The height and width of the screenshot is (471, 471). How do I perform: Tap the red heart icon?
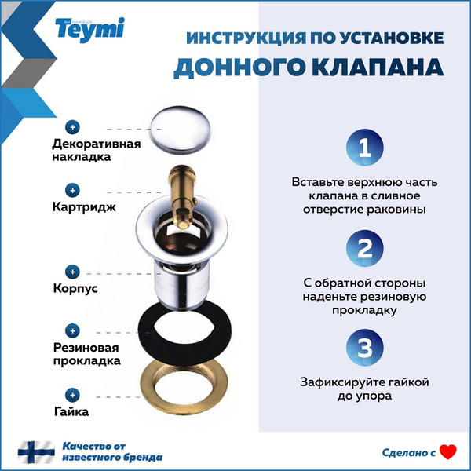coord(447,451)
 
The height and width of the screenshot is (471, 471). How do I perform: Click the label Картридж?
coord(84,208)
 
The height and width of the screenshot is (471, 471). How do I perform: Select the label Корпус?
coord(75,288)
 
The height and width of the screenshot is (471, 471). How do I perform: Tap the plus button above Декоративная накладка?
coord(73,126)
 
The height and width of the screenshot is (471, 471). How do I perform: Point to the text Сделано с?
coord(408,452)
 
